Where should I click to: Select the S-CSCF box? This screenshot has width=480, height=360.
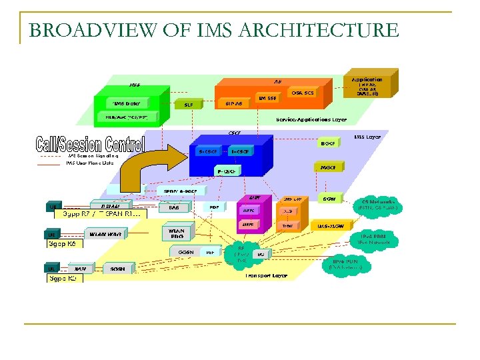click(209, 151)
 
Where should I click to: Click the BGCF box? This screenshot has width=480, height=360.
click(328, 142)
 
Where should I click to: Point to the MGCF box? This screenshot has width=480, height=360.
click(328, 167)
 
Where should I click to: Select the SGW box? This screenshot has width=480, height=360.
click(329, 199)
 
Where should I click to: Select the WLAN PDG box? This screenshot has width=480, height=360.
click(176, 234)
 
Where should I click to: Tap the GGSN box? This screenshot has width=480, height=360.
click(185, 253)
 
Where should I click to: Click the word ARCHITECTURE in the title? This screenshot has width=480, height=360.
click(318, 30)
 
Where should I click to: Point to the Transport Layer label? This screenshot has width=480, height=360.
click(266, 275)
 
